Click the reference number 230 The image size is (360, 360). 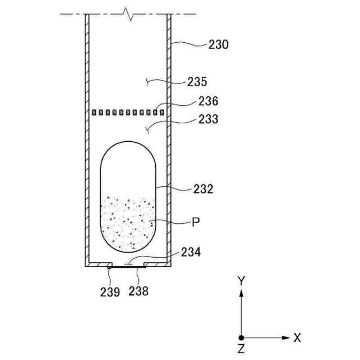[x=218, y=44]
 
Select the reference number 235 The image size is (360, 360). [x=197, y=82]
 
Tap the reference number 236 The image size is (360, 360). [x=208, y=101]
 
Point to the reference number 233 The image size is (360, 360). [x=208, y=119]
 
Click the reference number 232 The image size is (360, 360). [x=203, y=189]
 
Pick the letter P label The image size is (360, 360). [x=196, y=222]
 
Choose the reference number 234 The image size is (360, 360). [x=191, y=252]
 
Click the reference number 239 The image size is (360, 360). [x=110, y=292]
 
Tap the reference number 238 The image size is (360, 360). [x=138, y=291]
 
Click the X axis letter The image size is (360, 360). [x=297, y=337]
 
